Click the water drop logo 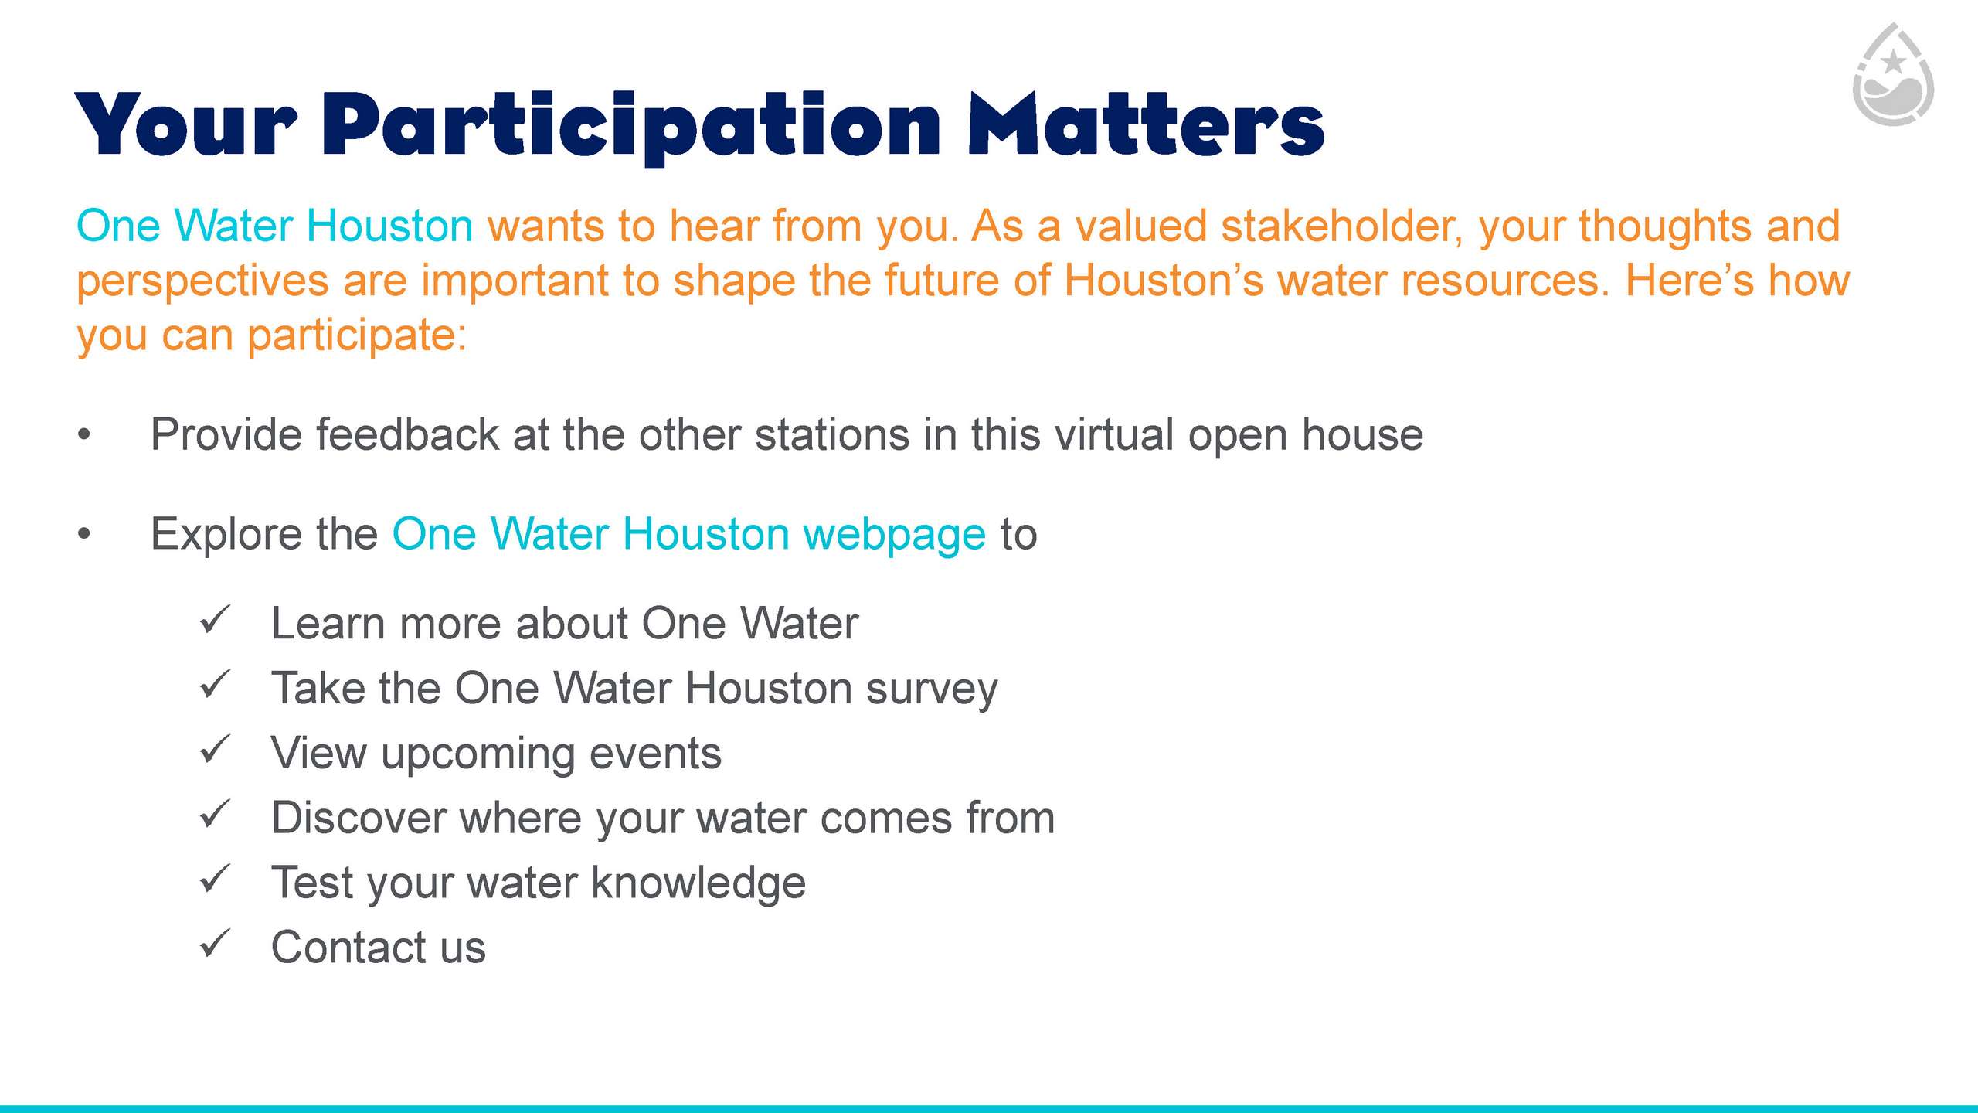pyautogui.click(x=1893, y=74)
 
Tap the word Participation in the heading pyautogui.click(x=631, y=128)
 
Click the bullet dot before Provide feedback pyautogui.click(x=84, y=435)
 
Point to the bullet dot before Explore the pyautogui.click(x=84, y=534)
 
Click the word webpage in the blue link pyautogui.click(x=895, y=535)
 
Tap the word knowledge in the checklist pyautogui.click(x=698, y=883)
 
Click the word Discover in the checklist pyautogui.click(x=360, y=818)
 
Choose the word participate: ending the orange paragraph pyautogui.click(x=357, y=336)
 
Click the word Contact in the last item pyautogui.click(x=349, y=947)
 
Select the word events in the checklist pyautogui.click(x=655, y=754)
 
